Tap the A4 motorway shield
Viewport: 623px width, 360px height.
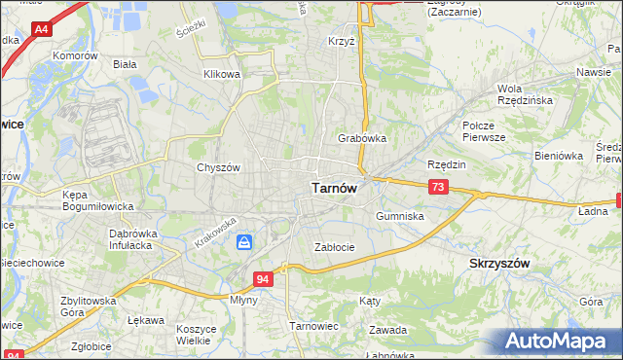coord(41,30)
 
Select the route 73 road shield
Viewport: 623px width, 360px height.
coord(438,187)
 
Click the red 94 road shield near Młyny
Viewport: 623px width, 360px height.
coord(263,279)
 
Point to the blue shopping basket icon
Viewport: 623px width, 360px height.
coord(244,241)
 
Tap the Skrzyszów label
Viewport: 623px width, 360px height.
coord(499,264)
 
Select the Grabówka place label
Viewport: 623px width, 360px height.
coord(362,138)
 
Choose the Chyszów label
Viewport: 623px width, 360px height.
coord(218,167)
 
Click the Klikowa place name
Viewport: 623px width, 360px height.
coord(221,74)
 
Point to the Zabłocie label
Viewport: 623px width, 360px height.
coord(334,247)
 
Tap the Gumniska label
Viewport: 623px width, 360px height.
coord(400,216)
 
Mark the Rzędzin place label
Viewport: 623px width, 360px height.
coord(447,164)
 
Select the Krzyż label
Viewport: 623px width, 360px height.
coord(342,42)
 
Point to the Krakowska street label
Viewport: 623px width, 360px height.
coord(213,232)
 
